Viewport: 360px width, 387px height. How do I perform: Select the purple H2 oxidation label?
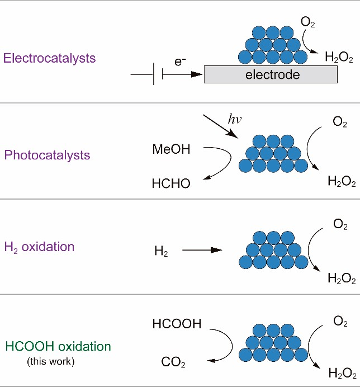tap(39, 247)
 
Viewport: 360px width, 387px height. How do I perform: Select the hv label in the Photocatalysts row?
tap(234, 120)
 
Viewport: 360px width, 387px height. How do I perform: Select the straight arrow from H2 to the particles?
tap(202, 252)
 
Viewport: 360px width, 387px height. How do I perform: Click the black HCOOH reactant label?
tap(176, 324)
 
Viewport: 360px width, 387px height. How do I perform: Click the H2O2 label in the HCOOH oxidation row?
tap(342, 374)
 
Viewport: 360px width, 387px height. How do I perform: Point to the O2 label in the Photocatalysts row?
tap(340, 122)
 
